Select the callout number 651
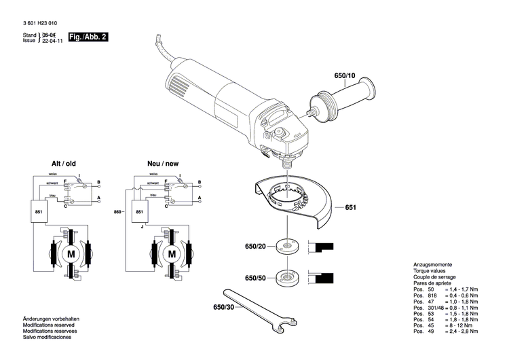click(x=350, y=207)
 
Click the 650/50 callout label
click(x=251, y=278)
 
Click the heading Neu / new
click(x=163, y=164)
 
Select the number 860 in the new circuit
click(x=117, y=211)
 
